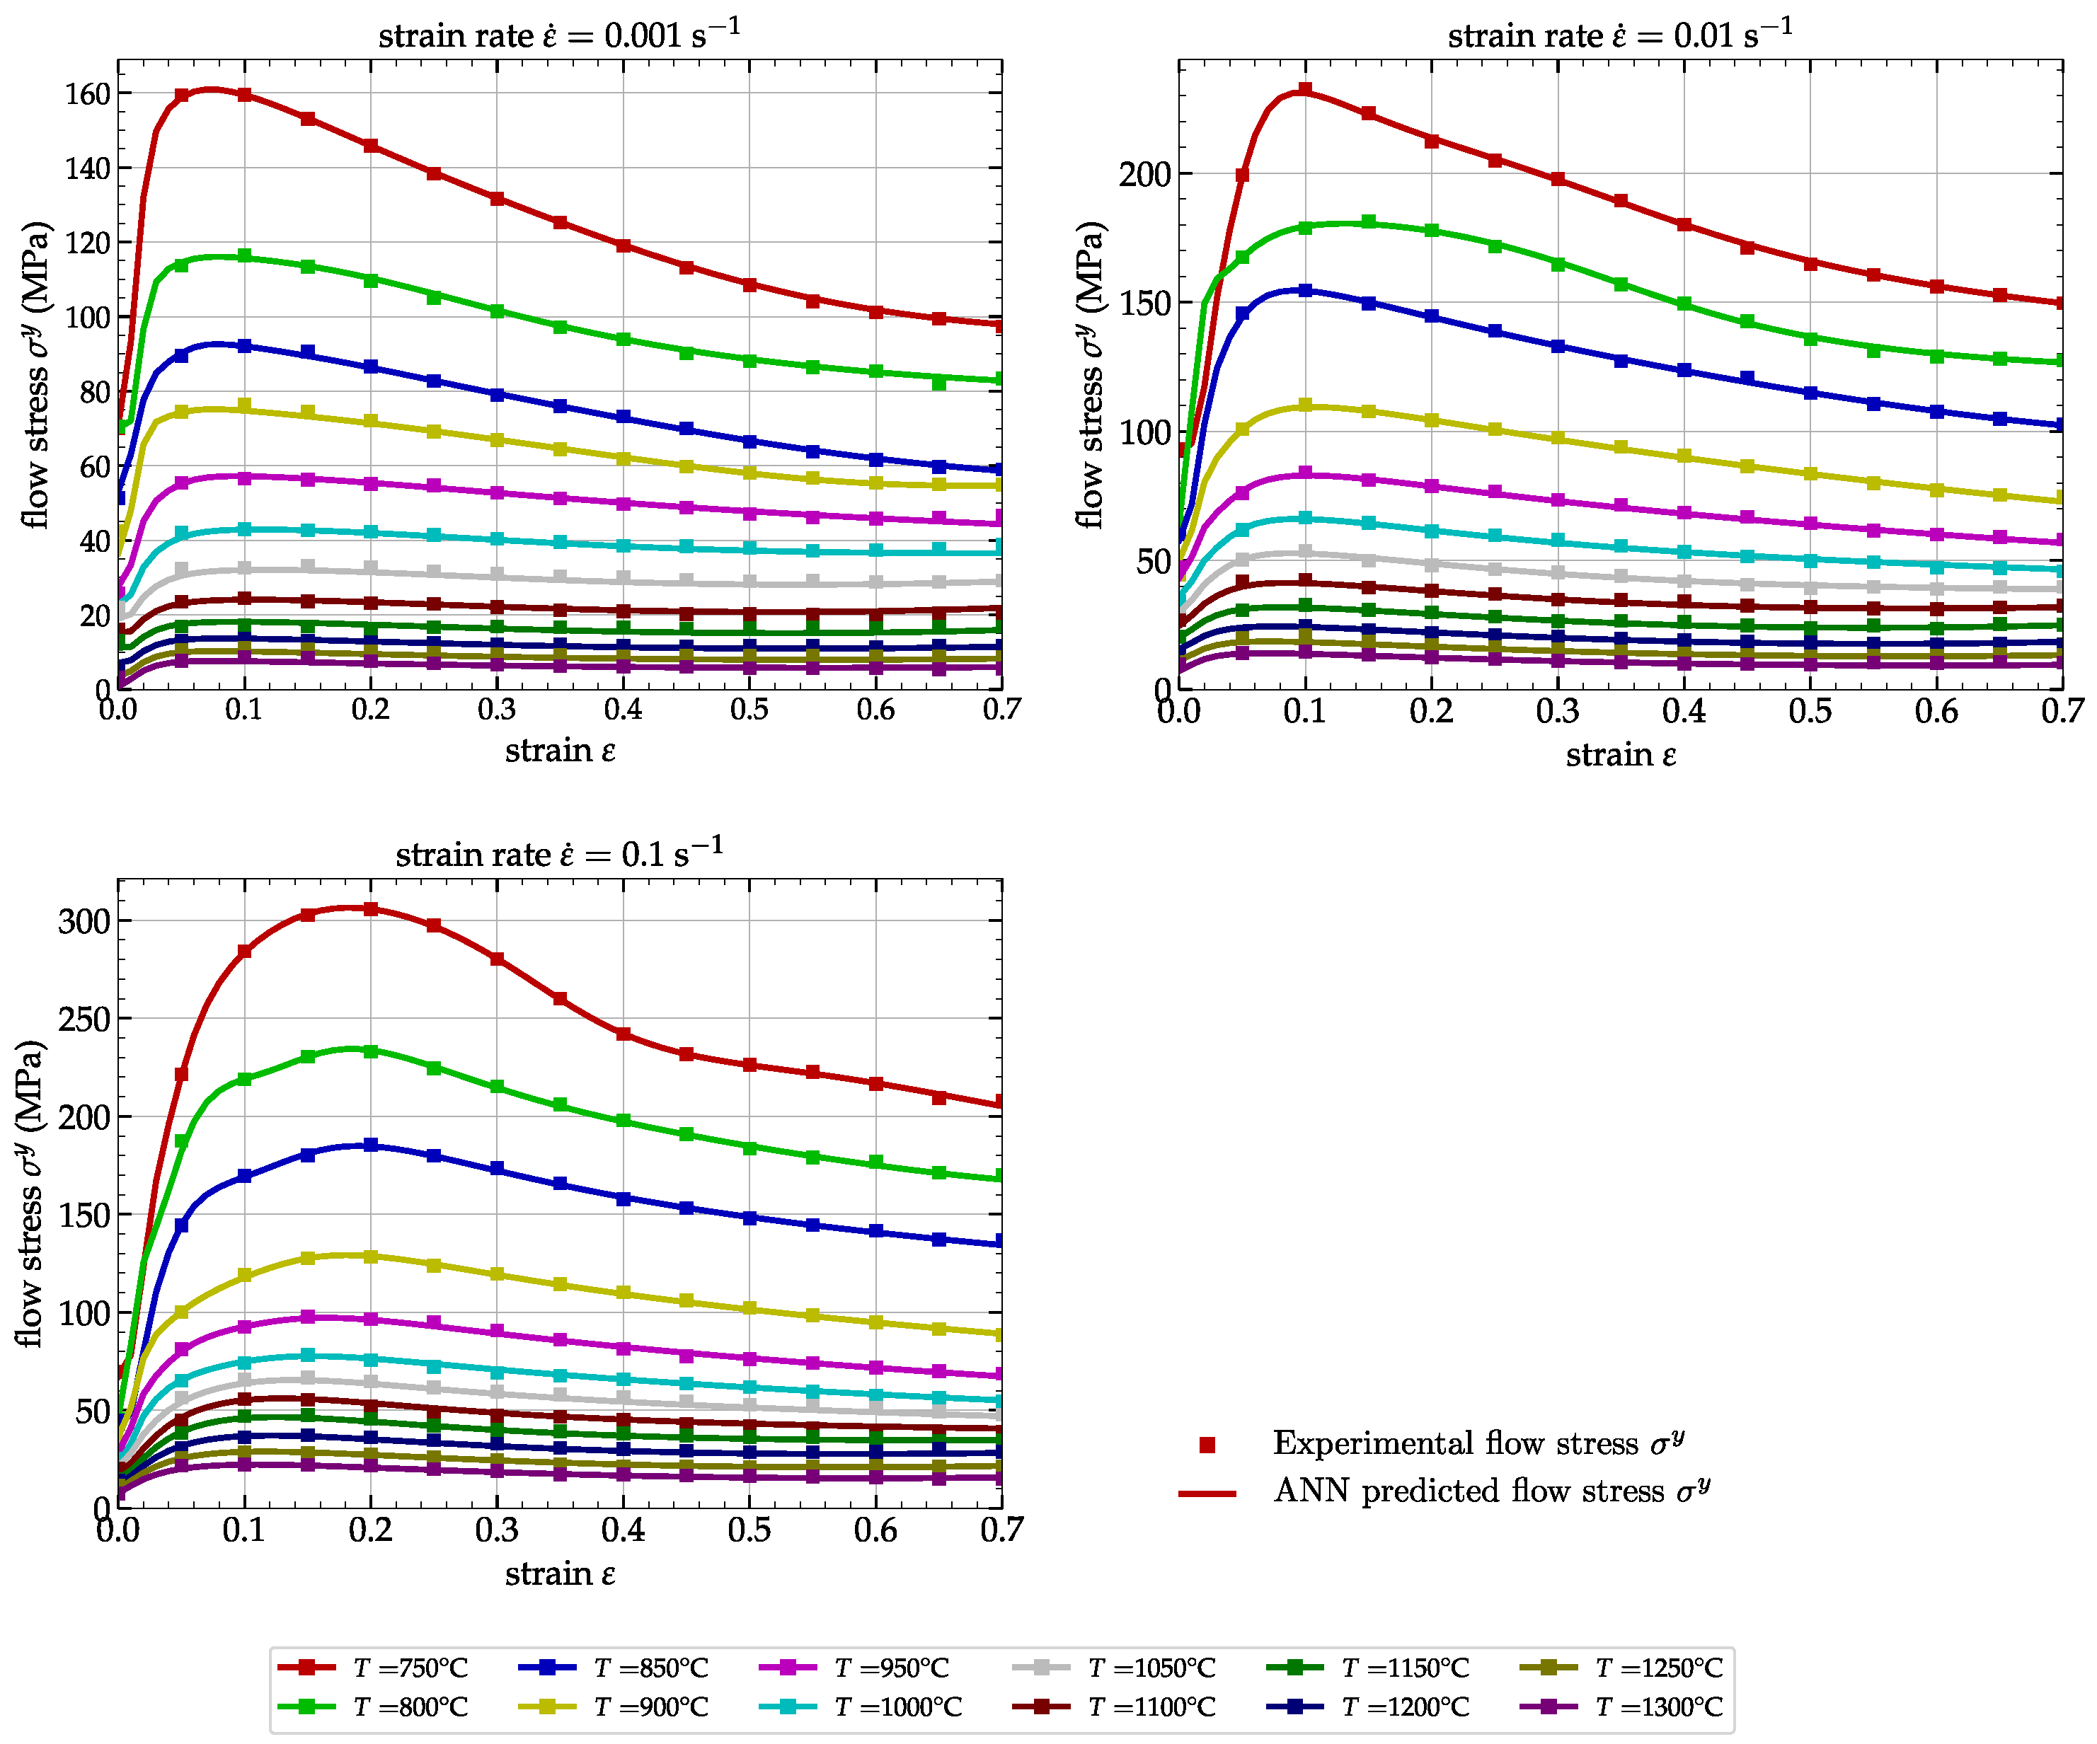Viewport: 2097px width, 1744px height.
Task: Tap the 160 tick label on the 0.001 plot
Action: coord(87,94)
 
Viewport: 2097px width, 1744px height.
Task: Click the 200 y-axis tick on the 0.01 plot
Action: coord(1144,175)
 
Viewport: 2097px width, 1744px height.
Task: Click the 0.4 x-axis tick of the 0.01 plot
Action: coord(1684,711)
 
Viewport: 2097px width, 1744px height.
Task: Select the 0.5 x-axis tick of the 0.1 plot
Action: coord(749,1530)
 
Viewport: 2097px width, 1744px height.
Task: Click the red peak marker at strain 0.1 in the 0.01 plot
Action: coord(1305,90)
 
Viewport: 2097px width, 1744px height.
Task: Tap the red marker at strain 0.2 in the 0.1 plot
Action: coord(370,908)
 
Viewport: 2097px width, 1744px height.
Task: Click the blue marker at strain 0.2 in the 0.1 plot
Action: coord(370,1145)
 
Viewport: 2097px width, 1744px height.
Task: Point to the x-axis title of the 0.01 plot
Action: coord(1620,755)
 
